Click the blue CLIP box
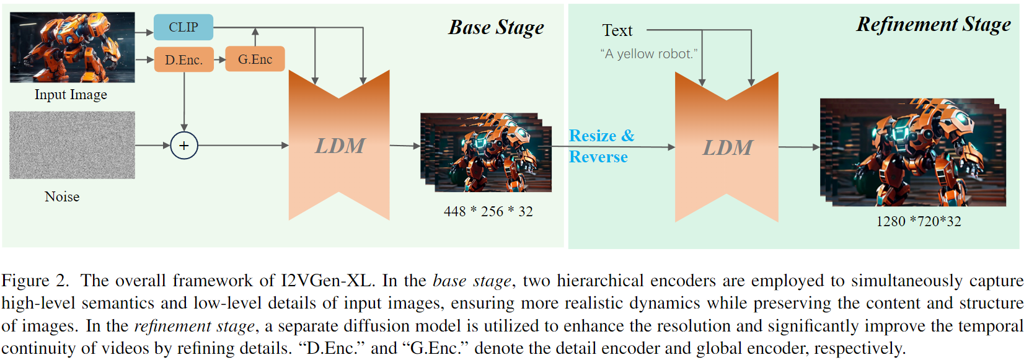pos(183,27)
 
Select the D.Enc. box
pos(183,59)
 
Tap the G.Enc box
pos(255,59)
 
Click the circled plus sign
pos(184,146)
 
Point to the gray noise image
pos(72,145)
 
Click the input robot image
pos(72,47)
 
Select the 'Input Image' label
pos(71,95)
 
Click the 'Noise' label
pos(62,196)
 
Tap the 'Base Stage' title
pos(496,28)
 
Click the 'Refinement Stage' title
pos(933,25)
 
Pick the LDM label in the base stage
pos(340,146)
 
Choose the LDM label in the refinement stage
pos(727,148)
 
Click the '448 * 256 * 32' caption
pos(488,211)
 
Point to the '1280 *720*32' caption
pos(918,221)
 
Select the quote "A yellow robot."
pos(648,54)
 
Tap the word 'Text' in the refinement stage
pos(617,30)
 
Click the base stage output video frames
pos(486,152)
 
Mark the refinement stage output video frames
pos(912,152)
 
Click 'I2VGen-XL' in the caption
pos(327,281)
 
